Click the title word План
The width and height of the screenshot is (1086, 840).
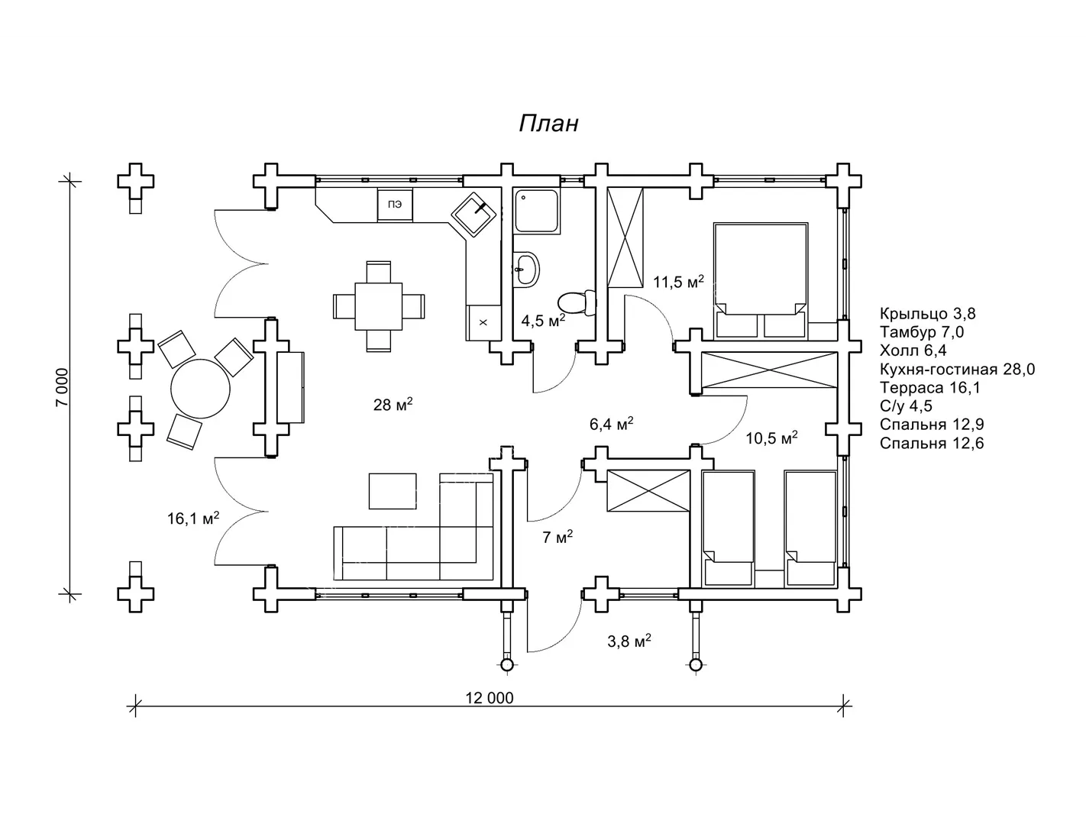point(549,124)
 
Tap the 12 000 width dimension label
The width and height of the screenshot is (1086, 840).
point(490,698)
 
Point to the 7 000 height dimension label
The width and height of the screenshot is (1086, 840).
point(63,387)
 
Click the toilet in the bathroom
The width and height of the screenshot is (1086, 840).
point(577,303)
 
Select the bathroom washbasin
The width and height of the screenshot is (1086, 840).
point(525,270)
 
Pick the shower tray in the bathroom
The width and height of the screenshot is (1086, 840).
point(537,211)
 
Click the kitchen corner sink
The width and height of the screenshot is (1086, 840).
point(474,215)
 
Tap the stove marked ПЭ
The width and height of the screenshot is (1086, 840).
point(395,205)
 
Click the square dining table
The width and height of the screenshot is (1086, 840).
point(379,306)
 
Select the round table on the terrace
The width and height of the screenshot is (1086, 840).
point(200,388)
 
